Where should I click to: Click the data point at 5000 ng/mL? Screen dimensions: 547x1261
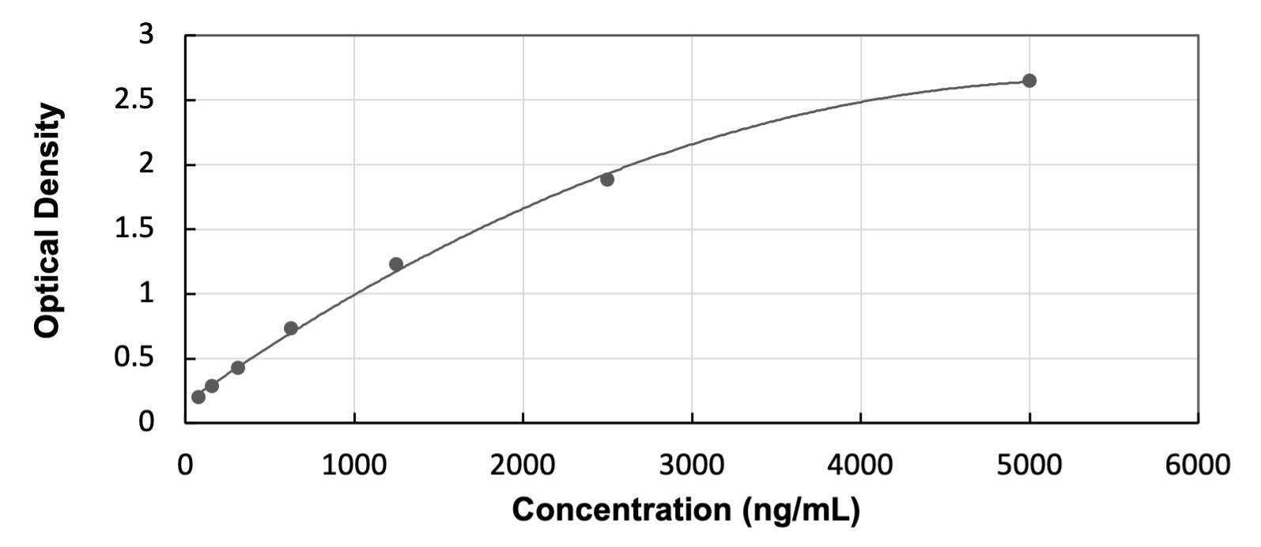click(x=1029, y=81)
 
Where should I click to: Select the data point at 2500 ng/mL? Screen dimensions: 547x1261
click(x=607, y=179)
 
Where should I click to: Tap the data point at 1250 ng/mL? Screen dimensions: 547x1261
click(x=396, y=264)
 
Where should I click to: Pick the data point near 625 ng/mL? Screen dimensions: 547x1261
click(x=291, y=328)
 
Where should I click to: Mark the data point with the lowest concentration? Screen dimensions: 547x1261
click(x=198, y=397)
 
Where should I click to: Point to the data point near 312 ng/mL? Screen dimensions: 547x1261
click(x=238, y=368)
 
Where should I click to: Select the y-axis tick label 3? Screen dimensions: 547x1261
click(x=147, y=36)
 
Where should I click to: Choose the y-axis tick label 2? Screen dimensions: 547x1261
click(x=147, y=165)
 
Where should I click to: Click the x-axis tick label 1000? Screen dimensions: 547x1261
click(x=354, y=466)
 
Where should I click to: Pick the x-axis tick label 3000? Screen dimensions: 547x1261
click(x=692, y=466)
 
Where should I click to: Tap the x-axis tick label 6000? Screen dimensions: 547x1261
click(x=1198, y=466)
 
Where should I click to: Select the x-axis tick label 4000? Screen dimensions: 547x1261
click(x=860, y=466)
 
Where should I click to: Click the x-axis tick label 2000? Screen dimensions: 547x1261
click(x=523, y=466)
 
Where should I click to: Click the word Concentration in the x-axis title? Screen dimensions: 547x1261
click(x=621, y=510)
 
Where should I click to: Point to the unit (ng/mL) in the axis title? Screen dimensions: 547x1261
click(x=800, y=510)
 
